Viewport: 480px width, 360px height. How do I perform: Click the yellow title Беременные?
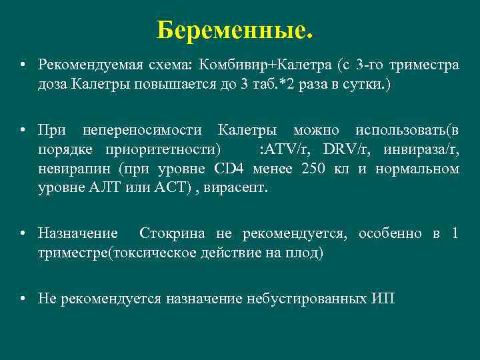coord(235,30)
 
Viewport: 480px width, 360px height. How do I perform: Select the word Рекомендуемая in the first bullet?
coord(81,65)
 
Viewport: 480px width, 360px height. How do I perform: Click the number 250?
coord(313,169)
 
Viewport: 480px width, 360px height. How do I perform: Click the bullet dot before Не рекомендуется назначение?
coord(23,298)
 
